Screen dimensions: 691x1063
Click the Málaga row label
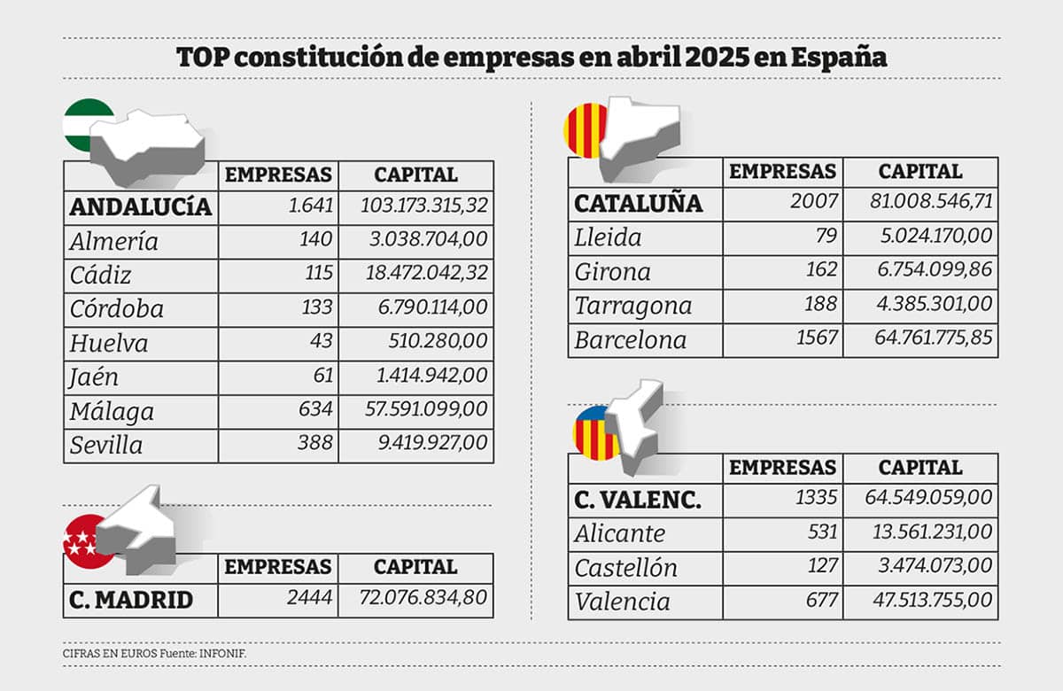pos(112,411)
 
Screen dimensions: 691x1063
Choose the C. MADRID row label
pos(130,600)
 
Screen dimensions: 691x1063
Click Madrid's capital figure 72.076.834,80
pos(423,598)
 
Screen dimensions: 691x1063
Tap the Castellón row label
pos(625,567)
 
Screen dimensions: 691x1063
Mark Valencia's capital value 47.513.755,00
pos(928,602)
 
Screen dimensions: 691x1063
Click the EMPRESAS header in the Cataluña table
pos(782,171)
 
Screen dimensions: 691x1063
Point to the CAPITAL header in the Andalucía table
pos(415,175)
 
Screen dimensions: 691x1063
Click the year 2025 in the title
pos(721,58)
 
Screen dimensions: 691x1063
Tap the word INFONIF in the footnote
pos(221,654)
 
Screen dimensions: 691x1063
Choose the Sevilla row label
pos(106,445)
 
